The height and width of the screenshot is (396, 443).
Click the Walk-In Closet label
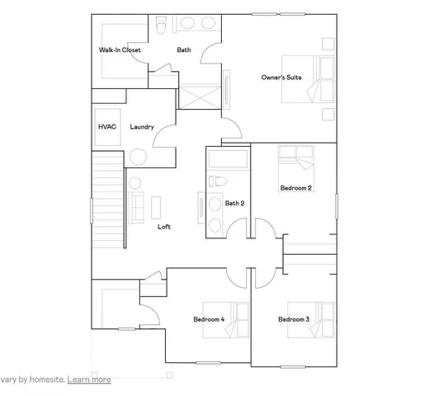click(120, 50)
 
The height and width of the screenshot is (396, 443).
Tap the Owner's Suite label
click(281, 77)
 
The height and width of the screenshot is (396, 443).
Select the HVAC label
click(107, 127)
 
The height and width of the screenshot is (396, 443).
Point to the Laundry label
click(142, 127)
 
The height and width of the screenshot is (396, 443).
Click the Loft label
click(163, 227)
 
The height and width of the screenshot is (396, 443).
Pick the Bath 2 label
click(235, 203)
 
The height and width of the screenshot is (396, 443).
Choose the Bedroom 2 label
click(295, 188)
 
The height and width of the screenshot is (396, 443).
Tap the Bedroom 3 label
click(294, 319)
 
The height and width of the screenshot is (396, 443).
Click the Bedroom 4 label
click(209, 319)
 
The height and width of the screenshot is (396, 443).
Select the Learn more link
click(89, 379)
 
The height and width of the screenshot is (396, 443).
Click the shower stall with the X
click(199, 96)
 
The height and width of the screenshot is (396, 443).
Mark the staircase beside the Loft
click(107, 198)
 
